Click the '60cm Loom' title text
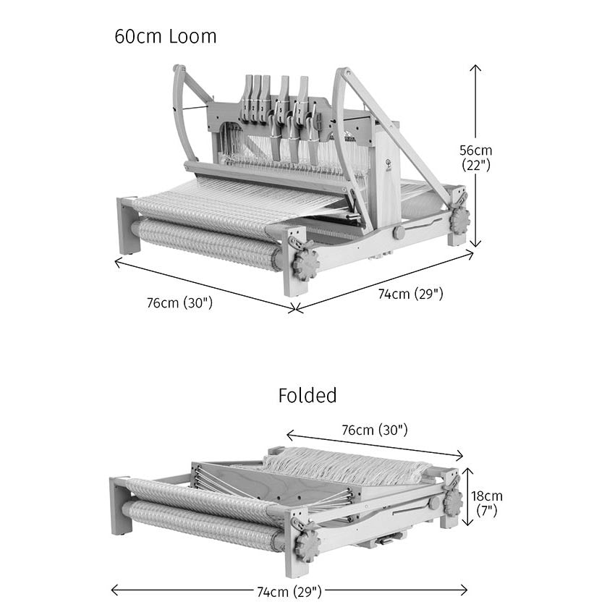coord(165,36)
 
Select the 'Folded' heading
coord(307,395)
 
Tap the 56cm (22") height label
coord(476,157)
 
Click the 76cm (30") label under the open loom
coord(179,302)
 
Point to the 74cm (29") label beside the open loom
coord(410,293)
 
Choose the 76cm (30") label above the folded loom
coord(375,430)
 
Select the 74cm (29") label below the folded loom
coord(289,591)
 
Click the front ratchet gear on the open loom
coord(306,266)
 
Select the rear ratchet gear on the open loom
coord(459,217)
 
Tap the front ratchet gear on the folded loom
coord(307,544)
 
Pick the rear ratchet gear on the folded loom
coord(453,501)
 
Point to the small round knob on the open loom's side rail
coord(399,233)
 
